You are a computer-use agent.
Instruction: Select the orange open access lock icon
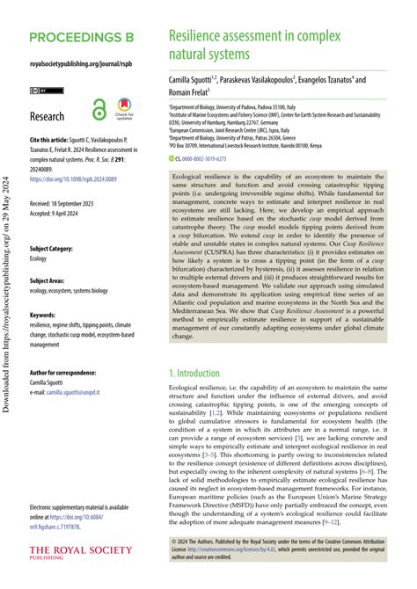pyautogui.click(x=99, y=111)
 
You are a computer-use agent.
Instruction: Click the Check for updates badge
pyautogui.click(x=123, y=110)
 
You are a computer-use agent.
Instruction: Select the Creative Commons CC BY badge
pyautogui.click(x=40, y=91)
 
